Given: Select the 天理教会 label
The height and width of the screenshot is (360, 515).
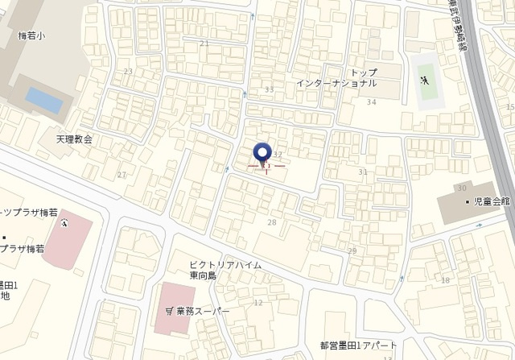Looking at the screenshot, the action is coord(74,139).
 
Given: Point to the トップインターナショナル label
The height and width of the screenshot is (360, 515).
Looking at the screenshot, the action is coord(336,78).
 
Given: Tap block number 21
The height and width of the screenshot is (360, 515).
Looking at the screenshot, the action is coord(204,43).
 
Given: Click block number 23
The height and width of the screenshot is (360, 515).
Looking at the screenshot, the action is coord(128,72).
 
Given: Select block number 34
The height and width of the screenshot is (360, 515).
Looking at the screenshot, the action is coord(371,102).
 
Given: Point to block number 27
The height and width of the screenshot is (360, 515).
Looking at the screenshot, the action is coord(122,175).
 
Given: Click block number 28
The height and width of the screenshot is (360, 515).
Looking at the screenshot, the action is coord(271,221).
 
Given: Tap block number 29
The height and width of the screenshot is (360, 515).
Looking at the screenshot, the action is coord(352,251).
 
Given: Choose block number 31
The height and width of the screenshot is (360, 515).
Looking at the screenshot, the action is coord(363,172).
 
